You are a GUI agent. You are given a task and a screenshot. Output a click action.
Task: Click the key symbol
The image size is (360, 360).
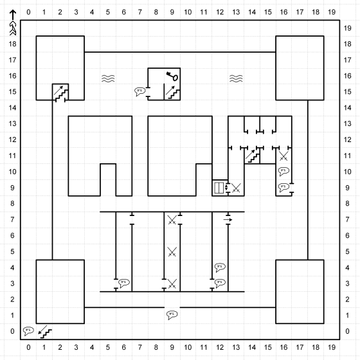(172, 76)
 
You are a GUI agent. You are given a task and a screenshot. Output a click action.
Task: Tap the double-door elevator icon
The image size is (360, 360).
(219, 188)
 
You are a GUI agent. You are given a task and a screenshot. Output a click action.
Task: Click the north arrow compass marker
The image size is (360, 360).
(13, 22)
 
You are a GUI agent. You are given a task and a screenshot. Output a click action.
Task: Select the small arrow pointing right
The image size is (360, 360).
(228, 220)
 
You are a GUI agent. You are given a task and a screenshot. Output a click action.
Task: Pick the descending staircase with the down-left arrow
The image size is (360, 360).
(45, 332)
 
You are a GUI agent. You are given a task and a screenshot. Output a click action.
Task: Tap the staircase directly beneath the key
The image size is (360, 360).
(173, 93)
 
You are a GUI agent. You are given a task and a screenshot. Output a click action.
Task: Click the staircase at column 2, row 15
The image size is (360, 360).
(61, 93)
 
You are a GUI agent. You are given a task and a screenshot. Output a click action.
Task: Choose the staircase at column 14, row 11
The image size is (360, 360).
(252, 156)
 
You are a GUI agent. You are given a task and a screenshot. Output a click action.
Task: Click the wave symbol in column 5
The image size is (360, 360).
(108, 78)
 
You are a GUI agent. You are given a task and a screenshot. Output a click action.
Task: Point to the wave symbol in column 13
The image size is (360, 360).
(236, 78)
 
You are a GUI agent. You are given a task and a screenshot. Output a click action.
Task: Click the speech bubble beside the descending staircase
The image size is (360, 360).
(28, 331)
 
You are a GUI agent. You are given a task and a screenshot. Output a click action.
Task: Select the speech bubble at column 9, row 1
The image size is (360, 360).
(172, 315)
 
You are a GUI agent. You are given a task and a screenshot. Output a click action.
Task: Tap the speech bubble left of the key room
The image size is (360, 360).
(140, 91)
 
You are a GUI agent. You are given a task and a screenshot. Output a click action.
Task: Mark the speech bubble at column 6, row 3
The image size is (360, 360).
(124, 283)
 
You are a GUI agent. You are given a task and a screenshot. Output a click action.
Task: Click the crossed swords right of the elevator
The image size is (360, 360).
(236, 188)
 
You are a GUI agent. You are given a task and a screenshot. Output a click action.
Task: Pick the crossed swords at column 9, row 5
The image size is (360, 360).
(172, 252)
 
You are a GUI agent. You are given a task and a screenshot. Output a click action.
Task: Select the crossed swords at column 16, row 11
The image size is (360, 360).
(283, 156)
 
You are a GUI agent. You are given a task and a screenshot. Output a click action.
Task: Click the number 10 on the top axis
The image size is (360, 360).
(188, 12)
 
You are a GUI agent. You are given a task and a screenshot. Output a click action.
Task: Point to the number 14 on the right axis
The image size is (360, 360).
(348, 108)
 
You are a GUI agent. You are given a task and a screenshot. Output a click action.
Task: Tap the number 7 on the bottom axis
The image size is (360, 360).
(140, 347)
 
